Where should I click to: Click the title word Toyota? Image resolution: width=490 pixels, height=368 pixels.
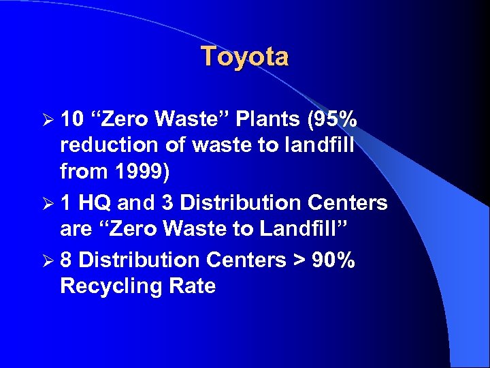tap(244, 57)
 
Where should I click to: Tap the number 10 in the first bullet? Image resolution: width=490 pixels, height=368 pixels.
tap(71, 120)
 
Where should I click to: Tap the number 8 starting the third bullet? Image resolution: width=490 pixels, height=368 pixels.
tap(66, 260)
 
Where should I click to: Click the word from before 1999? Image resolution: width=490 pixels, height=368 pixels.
tap(84, 172)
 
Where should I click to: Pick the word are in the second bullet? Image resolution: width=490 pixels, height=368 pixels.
tap(75, 229)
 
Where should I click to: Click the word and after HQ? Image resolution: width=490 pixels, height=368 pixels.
tap(137, 203)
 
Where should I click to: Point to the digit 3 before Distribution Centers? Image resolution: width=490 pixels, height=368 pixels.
tap(167, 203)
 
